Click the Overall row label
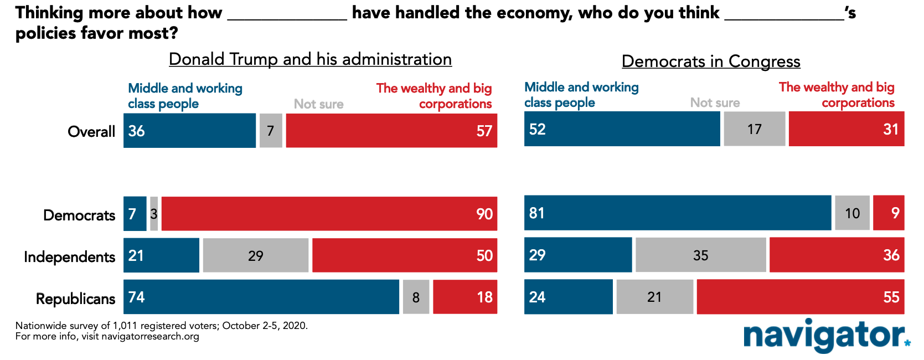[x=91, y=131]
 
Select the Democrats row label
[x=79, y=215]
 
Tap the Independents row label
[x=69, y=257]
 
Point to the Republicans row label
[x=75, y=299]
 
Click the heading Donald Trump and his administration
[x=310, y=59]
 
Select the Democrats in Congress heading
[x=711, y=61]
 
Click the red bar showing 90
[x=329, y=213]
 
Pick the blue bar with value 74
[x=261, y=297]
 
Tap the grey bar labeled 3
[x=154, y=213]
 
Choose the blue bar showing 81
[x=678, y=213]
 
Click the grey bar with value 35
[x=701, y=255]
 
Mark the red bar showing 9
[x=889, y=213]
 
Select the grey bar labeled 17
[x=755, y=129]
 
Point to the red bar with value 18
[x=465, y=297]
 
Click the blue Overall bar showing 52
[x=622, y=129]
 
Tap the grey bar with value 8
[x=416, y=297]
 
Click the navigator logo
[x=827, y=336]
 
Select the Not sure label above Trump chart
[x=318, y=104]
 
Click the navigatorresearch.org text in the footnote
[x=150, y=337]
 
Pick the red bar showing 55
[x=801, y=297]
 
